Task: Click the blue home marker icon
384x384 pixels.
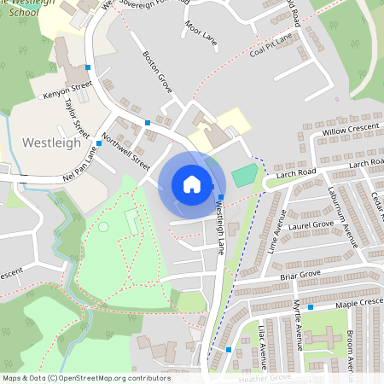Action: [192, 184]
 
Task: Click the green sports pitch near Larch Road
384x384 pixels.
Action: [244, 176]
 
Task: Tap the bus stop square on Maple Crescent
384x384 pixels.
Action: [311, 306]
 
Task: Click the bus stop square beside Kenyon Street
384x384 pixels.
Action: [88, 66]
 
